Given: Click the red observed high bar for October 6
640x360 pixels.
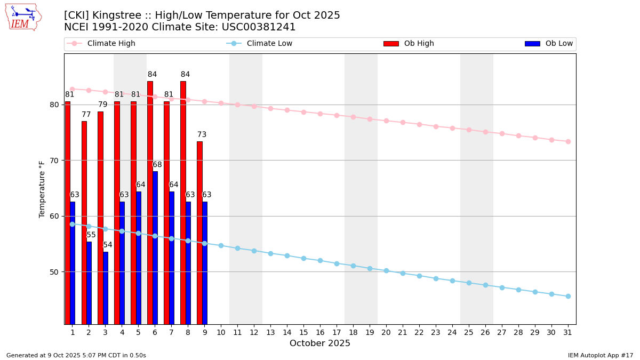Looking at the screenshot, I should point(150,203).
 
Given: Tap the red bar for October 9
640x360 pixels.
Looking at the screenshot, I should point(199,233).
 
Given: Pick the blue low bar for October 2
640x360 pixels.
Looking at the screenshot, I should point(89,283).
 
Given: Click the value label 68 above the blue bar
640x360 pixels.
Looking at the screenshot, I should point(157,165).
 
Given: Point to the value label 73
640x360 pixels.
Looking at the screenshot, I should point(202,135).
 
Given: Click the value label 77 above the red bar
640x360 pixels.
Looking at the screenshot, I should point(86,115).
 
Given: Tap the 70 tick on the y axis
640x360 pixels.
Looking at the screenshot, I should point(53,161).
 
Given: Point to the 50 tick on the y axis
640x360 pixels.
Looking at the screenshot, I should point(53,272).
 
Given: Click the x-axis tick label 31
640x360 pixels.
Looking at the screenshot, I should point(568,332).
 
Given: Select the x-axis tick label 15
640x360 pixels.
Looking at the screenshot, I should point(303,332).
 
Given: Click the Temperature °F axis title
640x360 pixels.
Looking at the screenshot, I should point(42,189).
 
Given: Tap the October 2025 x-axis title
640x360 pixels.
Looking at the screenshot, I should point(320,343).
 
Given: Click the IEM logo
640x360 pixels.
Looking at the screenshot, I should point(23,17).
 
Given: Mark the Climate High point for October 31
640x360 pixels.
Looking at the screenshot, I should point(568,141).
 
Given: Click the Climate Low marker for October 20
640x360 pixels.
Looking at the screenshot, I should point(386,271).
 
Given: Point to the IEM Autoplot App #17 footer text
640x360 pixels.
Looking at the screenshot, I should point(600,355).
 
